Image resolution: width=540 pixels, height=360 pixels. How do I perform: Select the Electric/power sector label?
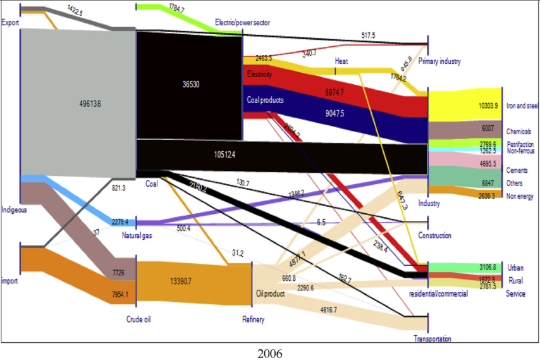(x=242, y=22)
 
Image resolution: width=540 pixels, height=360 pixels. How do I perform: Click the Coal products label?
(x=265, y=100)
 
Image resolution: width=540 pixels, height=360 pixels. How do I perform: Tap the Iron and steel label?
(x=522, y=106)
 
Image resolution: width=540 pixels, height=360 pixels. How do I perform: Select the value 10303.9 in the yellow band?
(x=489, y=106)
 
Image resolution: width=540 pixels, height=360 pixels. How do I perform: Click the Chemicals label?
(x=519, y=131)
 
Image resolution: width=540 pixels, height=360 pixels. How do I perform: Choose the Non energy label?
(x=520, y=196)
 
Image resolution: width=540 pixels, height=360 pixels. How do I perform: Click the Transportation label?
(x=433, y=339)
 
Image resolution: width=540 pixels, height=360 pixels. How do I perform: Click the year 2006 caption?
(x=270, y=352)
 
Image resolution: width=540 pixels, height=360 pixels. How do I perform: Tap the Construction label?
(x=434, y=235)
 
